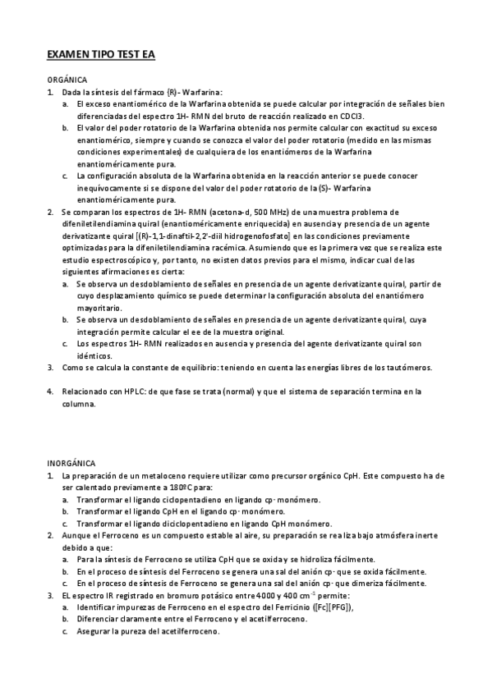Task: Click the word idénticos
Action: [94, 355]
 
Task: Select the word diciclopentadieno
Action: [180, 523]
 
